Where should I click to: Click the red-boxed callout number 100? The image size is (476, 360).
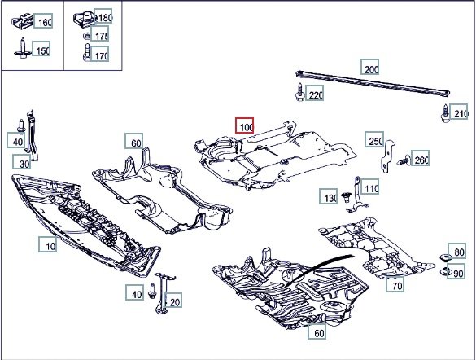coord(244,125)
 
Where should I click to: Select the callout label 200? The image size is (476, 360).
coord(369,67)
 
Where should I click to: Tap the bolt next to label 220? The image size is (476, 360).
coord(300,92)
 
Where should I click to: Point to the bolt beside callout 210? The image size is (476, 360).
coord(445,113)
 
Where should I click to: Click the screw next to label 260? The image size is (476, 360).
coord(404,160)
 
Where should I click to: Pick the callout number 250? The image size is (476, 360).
coord(374,139)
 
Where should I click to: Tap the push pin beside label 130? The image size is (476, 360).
coord(345,197)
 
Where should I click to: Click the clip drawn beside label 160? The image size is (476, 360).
coord(23,22)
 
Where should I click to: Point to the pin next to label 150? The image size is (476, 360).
coord(22,48)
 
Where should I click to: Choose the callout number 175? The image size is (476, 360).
coord(100,34)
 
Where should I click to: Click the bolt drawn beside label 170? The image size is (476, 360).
coord(86,53)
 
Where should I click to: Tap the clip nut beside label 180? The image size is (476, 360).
coord(85,17)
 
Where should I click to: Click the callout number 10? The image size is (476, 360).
coord(48,244)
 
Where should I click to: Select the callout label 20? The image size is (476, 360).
coord(173,301)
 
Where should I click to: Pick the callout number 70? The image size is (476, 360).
coord(395,283)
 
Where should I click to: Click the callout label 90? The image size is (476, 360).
coord(456,271)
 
